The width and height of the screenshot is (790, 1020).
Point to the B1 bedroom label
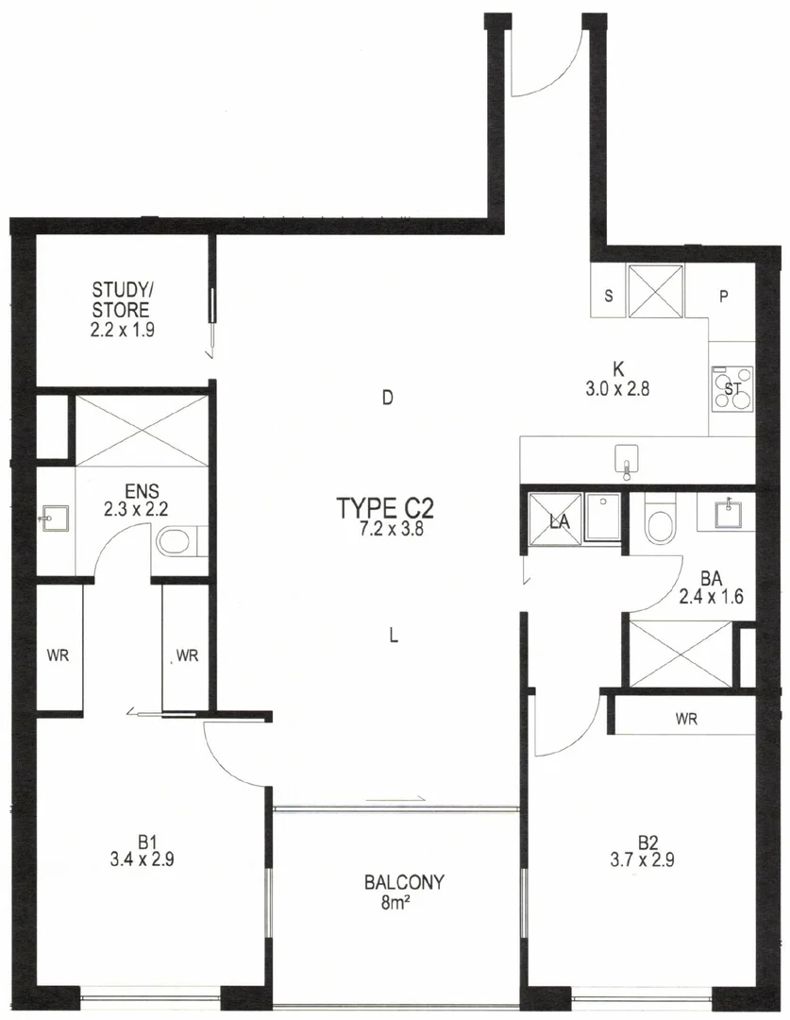click(145, 841)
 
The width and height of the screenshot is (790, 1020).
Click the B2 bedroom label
click(647, 841)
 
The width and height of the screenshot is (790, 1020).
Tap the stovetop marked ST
click(731, 387)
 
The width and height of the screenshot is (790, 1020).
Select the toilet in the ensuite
click(174, 542)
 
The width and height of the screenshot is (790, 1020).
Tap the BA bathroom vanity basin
click(728, 512)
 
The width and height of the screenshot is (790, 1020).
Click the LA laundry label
click(560, 520)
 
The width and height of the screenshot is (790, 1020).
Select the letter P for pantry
click(724, 297)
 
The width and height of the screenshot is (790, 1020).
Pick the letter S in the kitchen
click(609, 297)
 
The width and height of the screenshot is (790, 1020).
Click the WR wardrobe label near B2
click(686, 720)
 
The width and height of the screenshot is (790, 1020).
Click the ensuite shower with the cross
click(141, 431)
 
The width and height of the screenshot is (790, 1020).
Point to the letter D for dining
click(386, 398)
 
